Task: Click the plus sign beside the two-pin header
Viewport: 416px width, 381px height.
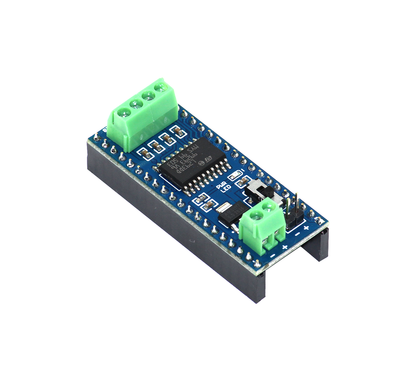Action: click(x=306, y=228)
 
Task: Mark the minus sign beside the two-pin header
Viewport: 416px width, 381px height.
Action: click(x=297, y=234)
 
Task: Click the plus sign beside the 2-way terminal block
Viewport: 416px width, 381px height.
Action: click(x=285, y=247)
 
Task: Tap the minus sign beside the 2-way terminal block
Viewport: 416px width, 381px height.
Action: click(x=272, y=256)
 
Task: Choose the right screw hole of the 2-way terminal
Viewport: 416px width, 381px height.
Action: click(x=269, y=207)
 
